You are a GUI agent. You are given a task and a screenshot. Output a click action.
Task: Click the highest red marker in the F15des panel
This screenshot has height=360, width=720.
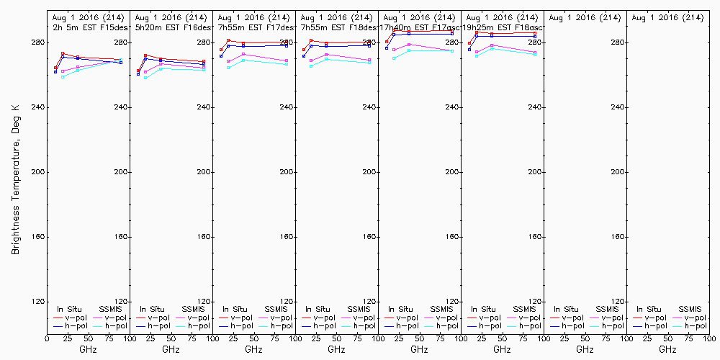63,53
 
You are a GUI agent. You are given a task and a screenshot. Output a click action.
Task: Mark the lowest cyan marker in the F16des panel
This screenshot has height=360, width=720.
145,77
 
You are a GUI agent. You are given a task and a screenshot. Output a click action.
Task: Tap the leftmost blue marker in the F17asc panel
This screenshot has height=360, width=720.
387,48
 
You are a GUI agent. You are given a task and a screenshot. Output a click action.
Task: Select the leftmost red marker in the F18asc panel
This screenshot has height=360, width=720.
469,43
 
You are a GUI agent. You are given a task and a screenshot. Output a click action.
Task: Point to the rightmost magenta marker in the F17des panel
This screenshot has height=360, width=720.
287,60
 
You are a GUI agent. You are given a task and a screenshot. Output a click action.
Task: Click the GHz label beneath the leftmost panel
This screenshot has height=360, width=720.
88,349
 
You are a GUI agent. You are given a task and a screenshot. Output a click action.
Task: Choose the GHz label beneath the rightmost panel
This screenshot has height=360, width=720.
667,349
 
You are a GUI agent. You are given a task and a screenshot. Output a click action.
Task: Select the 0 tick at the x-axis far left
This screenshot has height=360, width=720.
47,338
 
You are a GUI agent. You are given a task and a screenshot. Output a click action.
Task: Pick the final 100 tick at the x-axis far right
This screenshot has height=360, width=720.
708,338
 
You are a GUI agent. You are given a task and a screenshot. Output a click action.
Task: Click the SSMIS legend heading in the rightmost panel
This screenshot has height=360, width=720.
690,309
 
